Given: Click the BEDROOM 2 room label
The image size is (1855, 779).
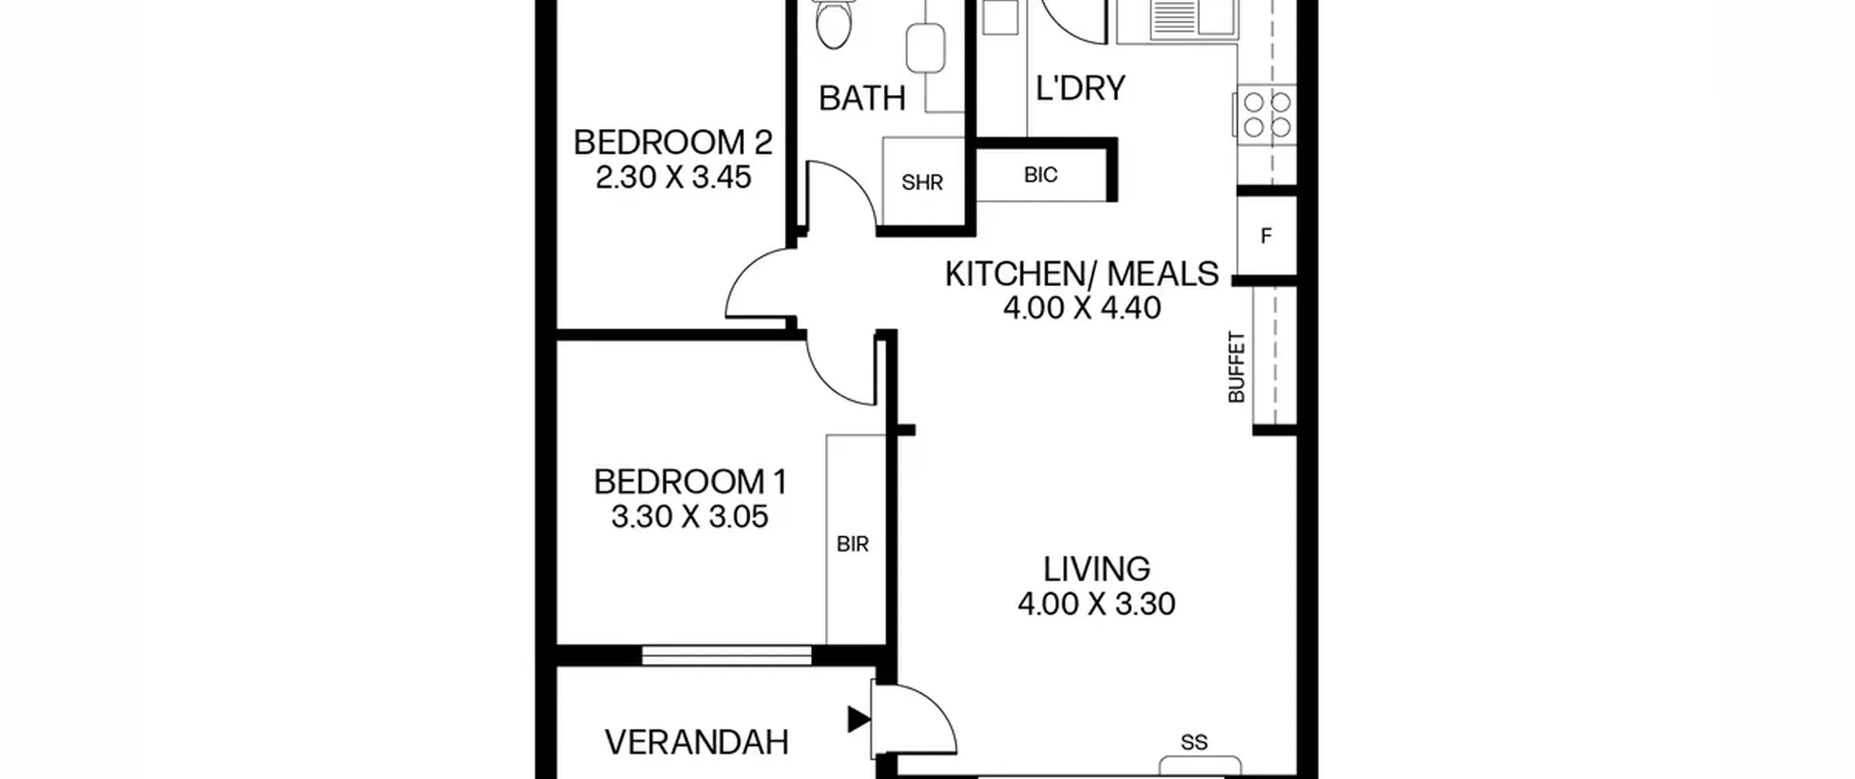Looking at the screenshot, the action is coord(672,143).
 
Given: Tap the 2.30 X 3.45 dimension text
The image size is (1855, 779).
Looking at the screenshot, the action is coord(673,178).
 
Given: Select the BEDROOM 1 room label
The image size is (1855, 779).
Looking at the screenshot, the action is coord(690,482).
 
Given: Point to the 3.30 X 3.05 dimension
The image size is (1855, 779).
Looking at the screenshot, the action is coord(690,517).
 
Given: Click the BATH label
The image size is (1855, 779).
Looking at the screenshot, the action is coord(862,99).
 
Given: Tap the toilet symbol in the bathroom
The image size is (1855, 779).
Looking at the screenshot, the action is coord(834,23).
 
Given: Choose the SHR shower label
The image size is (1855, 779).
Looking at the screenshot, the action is coord(922,183).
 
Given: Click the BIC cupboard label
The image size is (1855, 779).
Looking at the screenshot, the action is coord(1041,175).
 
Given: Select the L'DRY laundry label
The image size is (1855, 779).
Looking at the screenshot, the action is coord(1080,88).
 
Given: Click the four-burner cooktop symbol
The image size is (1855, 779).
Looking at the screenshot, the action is coord(1267,114).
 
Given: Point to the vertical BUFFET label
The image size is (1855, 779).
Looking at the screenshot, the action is coord(1236,367).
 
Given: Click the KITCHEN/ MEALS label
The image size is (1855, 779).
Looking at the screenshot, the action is coord(1082,274).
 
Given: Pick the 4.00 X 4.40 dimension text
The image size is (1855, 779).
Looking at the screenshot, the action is coord(1082,308).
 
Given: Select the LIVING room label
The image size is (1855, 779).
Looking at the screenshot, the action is coord(1096,570).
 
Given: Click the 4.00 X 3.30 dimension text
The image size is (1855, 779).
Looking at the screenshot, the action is coord(1096,604).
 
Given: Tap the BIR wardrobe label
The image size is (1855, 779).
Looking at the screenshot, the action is coord(852,544).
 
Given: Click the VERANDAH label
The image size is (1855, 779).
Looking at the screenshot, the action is coord(696,743).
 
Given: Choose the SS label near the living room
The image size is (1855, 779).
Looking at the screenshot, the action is coord(1194,743).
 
